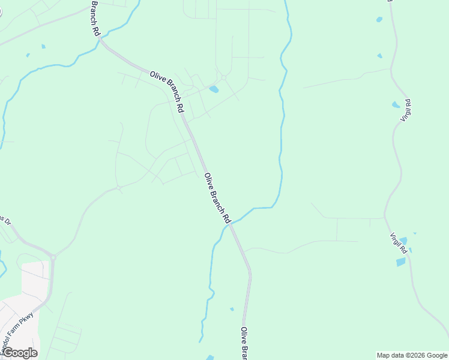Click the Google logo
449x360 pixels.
[x=19, y=353]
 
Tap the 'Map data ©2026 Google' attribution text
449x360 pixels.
[x=412, y=355]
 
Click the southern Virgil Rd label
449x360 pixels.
[x=399, y=243]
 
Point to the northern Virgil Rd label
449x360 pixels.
[x=406, y=110]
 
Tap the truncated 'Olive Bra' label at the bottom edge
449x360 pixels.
[x=244, y=343]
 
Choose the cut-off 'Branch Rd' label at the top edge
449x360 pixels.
[x=95, y=19]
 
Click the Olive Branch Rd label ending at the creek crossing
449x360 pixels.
[x=217, y=199]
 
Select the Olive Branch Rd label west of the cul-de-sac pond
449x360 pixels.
[x=167, y=91]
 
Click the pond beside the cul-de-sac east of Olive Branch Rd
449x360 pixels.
[x=214, y=89]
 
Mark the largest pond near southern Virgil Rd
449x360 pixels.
[x=400, y=262]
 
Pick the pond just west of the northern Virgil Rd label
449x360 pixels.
[x=396, y=105]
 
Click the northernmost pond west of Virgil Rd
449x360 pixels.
[x=379, y=20]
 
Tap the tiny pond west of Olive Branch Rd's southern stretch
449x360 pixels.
[x=232, y=309]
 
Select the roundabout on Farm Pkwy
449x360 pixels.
[x=53, y=257]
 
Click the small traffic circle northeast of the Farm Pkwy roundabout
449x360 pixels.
[x=119, y=188]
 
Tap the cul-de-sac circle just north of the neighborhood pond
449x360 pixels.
[x=223, y=78]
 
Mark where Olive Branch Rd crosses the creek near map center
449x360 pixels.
[x=231, y=223]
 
